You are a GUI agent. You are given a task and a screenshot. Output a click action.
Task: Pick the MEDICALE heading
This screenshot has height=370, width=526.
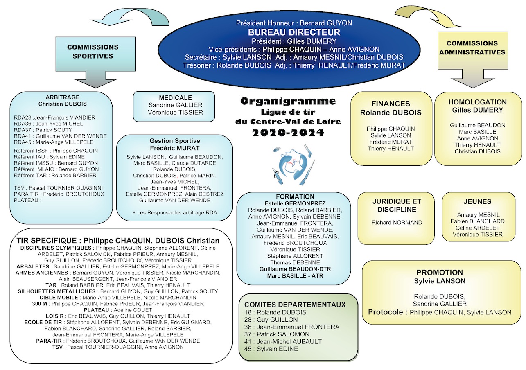(x=175, y=97)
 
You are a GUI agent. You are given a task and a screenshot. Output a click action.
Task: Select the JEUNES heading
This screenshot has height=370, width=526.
(x=478, y=201)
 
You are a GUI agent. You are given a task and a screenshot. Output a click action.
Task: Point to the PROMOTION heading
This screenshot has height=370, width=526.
(x=440, y=272)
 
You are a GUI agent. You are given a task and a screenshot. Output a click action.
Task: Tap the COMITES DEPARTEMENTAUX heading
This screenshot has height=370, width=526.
(x=295, y=305)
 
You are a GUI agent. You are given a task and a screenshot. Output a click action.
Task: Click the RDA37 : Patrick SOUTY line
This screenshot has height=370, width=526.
(x=37, y=130)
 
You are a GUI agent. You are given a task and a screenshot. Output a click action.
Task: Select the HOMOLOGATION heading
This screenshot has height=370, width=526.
(x=477, y=102)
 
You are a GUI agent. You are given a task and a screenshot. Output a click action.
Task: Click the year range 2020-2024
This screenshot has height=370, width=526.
(x=288, y=132)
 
